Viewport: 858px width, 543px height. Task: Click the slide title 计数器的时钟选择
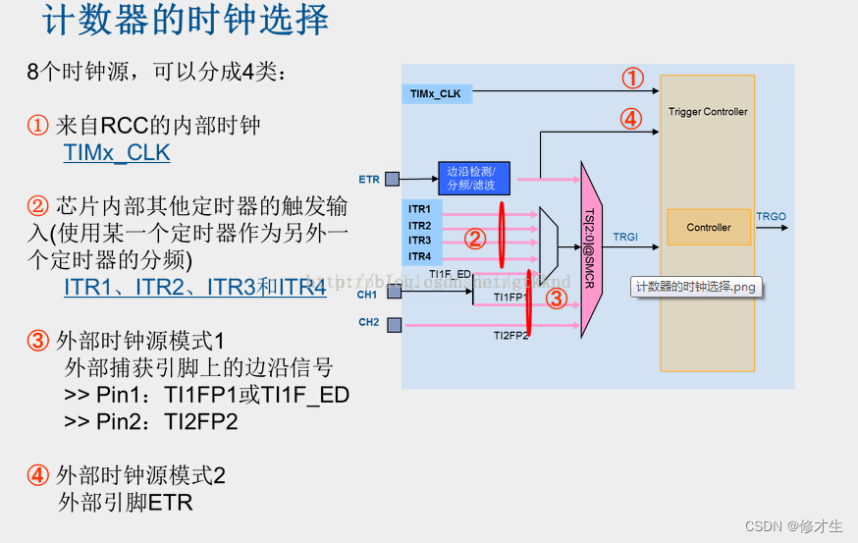click(x=187, y=22)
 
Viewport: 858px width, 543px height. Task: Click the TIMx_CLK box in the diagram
click(x=438, y=94)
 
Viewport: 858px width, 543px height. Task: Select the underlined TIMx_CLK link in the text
click(x=117, y=153)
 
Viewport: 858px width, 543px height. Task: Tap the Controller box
click(x=708, y=228)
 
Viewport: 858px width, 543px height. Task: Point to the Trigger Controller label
click(x=708, y=112)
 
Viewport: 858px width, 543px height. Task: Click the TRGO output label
click(x=771, y=216)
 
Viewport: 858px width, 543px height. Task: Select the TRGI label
click(x=625, y=237)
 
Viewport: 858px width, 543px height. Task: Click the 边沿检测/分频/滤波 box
click(x=473, y=178)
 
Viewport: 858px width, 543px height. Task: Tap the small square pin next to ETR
click(x=392, y=179)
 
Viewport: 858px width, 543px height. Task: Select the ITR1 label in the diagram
click(x=419, y=210)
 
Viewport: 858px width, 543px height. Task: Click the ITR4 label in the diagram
click(x=419, y=256)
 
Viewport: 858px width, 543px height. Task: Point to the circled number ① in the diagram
click(x=632, y=79)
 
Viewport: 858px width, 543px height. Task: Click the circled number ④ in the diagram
click(x=630, y=120)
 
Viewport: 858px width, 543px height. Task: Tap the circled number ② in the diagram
click(x=474, y=239)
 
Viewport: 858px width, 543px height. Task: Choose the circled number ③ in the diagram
click(x=556, y=299)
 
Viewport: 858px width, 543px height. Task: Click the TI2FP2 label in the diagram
click(x=510, y=336)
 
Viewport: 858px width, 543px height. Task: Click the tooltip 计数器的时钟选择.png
click(x=697, y=288)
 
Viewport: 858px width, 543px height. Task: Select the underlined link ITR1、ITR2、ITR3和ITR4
click(x=194, y=288)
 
